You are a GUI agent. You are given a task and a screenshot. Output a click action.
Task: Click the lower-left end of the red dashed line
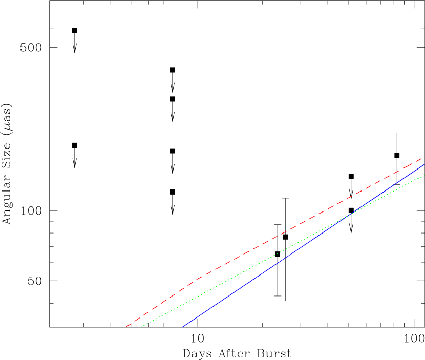click(x=126, y=327)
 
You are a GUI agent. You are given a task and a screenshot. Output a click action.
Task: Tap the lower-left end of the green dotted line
click(x=141, y=327)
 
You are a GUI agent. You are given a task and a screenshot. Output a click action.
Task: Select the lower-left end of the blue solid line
click(x=182, y=327)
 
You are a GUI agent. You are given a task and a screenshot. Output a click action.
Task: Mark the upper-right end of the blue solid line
click(x=424, y=164)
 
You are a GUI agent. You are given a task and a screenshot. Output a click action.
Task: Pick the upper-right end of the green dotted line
click(x=424, y=176)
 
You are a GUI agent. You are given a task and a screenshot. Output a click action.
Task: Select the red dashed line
click(x=256, y=248)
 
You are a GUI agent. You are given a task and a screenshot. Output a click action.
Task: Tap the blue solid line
click(x=256, y=277)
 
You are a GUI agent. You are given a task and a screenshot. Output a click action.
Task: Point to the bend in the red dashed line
click(x=195, y=281)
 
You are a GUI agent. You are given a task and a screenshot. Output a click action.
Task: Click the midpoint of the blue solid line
click(x=303, y=246)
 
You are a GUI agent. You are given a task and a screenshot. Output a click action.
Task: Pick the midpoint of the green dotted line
click(x=283, y=251)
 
